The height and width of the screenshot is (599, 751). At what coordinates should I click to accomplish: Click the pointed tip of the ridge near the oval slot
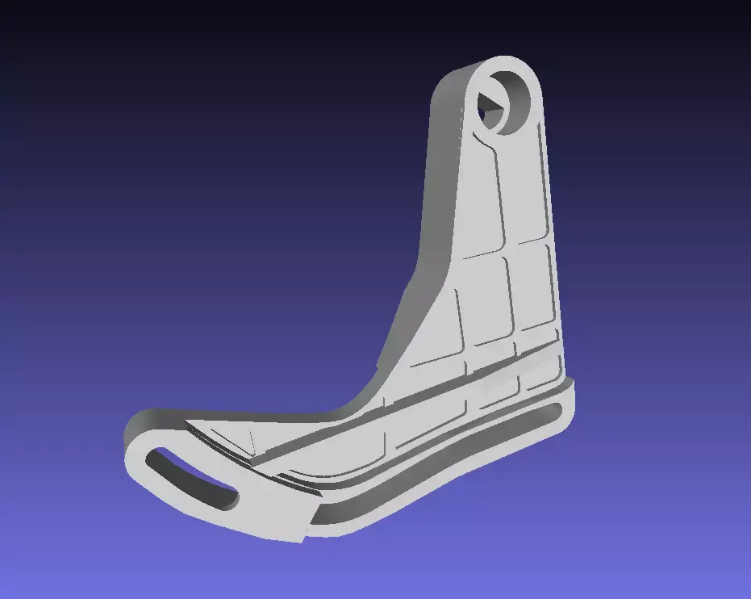click(x=190, y=425)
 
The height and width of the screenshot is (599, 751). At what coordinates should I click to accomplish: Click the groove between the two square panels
click(x=510, y=295)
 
